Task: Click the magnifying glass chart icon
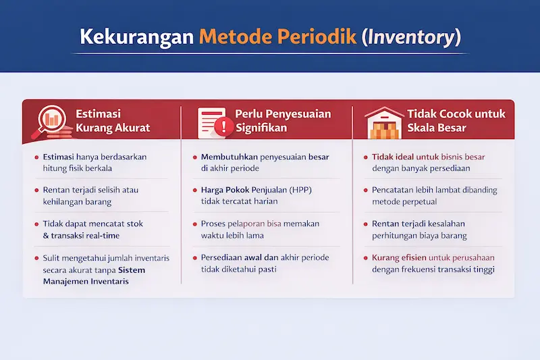[x=49, y=121]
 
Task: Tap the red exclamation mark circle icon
[x=221, y=126]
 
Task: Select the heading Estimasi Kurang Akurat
[x=112, y=121]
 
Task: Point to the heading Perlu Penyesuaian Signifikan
[x=283, y=121]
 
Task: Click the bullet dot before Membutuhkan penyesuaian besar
[x=194, y=157]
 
